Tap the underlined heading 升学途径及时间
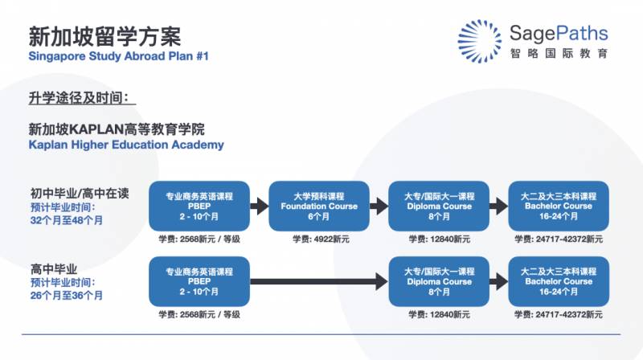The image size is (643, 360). [78, 98]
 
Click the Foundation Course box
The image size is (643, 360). [319, 206]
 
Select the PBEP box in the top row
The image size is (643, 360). [199, 206]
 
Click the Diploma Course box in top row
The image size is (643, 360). [439, 206]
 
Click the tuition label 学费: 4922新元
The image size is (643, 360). [320, 239]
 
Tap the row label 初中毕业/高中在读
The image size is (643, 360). [80, 194]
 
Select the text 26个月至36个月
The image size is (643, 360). [67, 296]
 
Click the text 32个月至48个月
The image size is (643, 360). [67, 219]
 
